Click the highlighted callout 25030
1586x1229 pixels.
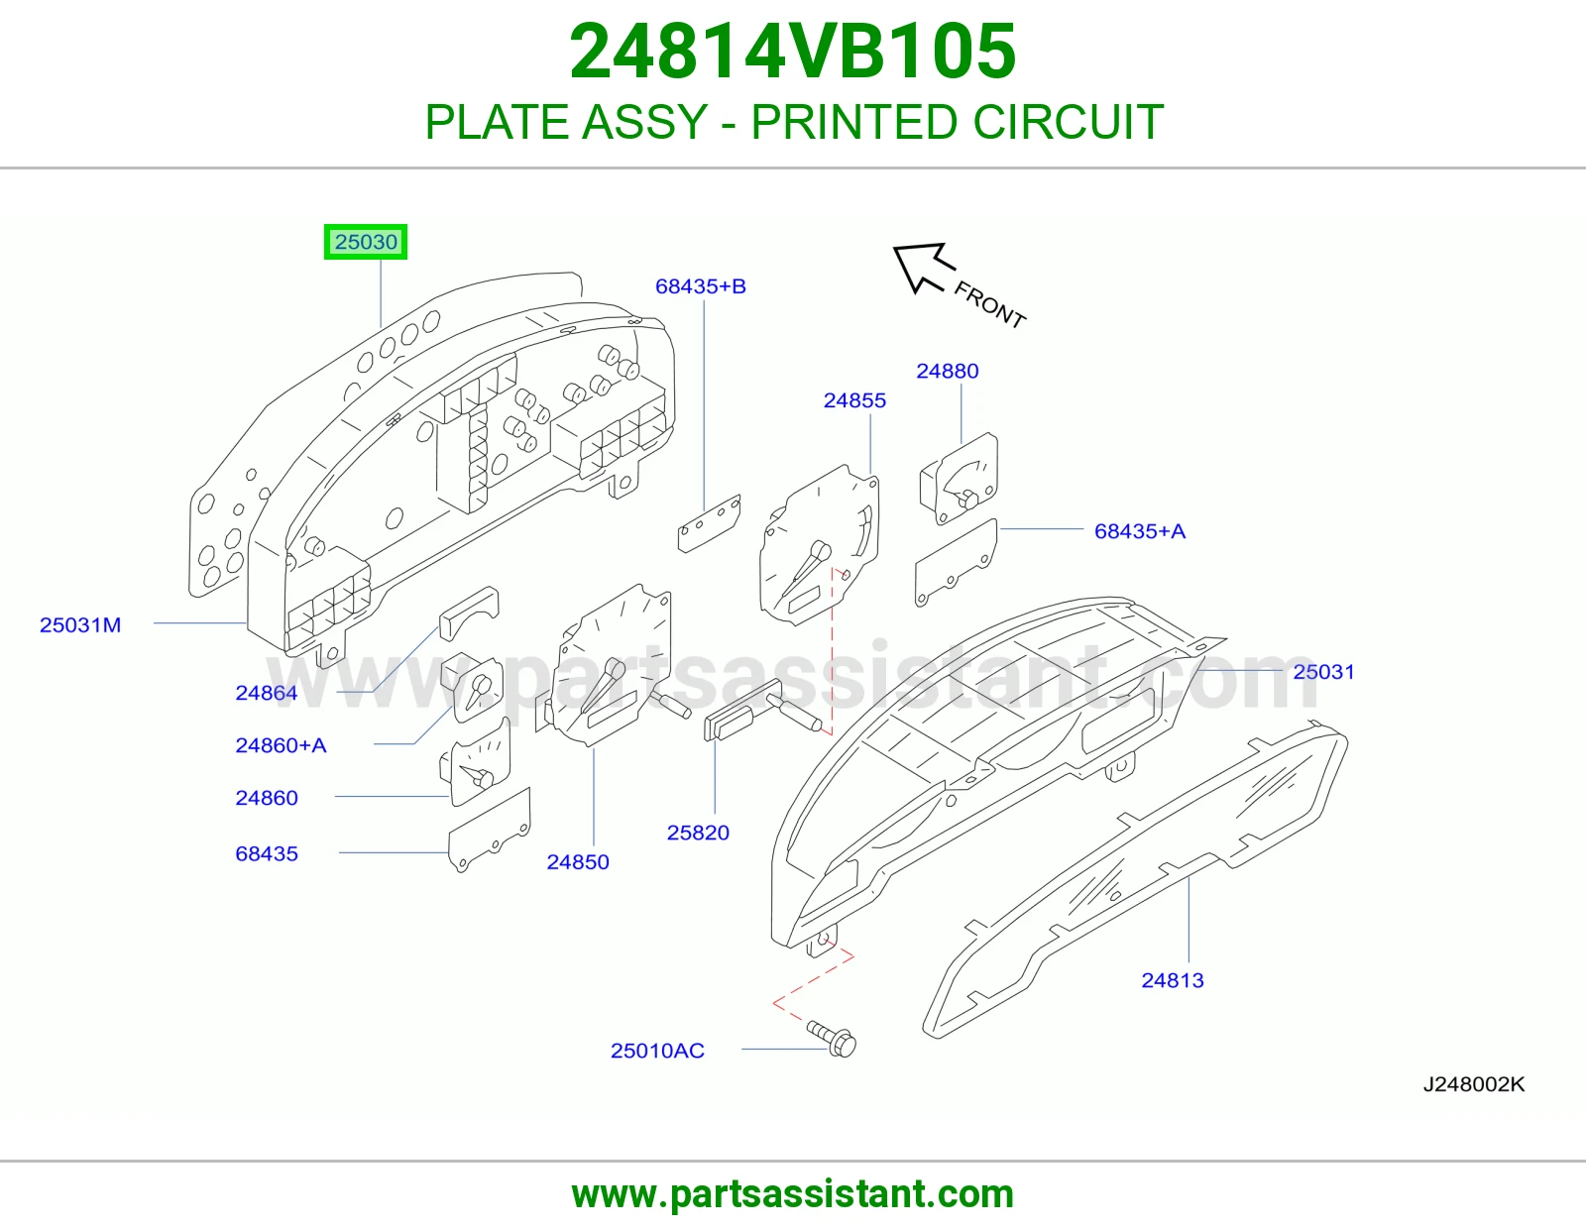[366, 242]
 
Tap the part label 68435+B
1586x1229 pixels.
[701, 286]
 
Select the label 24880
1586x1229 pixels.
[948, 371]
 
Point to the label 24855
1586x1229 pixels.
[854, 400]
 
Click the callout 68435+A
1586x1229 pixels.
[1140, 530]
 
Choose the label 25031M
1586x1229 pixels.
[80, 624]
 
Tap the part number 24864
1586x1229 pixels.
[267, 693]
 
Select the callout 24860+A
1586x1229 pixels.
[281, 745]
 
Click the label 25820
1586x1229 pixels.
[699, 833]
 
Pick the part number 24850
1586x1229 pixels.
[578, 862]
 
